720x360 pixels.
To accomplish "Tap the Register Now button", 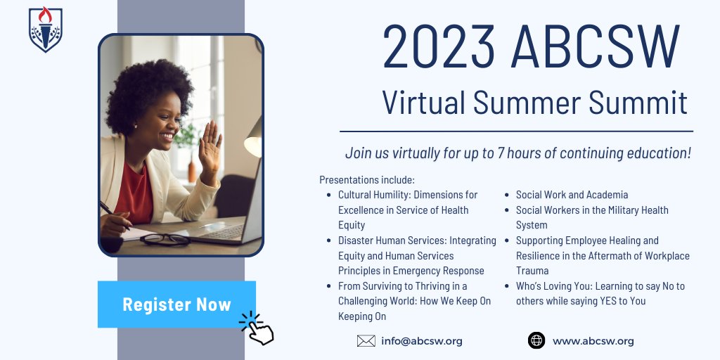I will click(176, 304).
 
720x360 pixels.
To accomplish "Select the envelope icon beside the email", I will click(366, 341).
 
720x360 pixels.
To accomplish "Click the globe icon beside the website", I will click(536, 341).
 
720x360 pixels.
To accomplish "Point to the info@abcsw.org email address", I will click(422, 341).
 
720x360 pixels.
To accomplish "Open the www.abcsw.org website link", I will click(593, 341).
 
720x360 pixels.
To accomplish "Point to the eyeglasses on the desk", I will click(165, 240).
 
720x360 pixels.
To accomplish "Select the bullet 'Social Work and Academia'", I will click(572, 195).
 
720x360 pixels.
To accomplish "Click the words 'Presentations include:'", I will click(366, 179).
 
